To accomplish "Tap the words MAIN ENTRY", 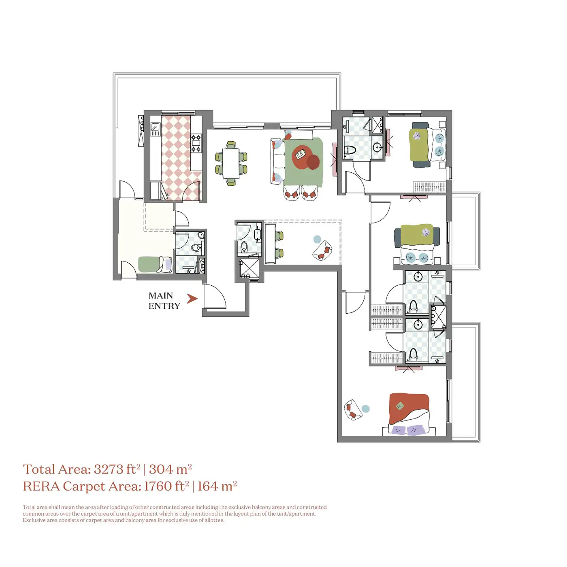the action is pos(164,301).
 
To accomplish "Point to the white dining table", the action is pos(231,164).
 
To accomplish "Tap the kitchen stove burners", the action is pos(196,143).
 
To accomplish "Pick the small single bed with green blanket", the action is pos(155,264).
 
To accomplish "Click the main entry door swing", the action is pos(215,296).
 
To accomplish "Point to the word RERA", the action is pos(41,486).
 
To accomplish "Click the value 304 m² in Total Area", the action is pos(170,469).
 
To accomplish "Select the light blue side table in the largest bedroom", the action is pos(365,409).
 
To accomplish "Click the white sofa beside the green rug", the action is pos(277,161).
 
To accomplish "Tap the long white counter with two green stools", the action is pos(270,244).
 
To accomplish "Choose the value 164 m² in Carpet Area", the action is pos(217,486).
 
